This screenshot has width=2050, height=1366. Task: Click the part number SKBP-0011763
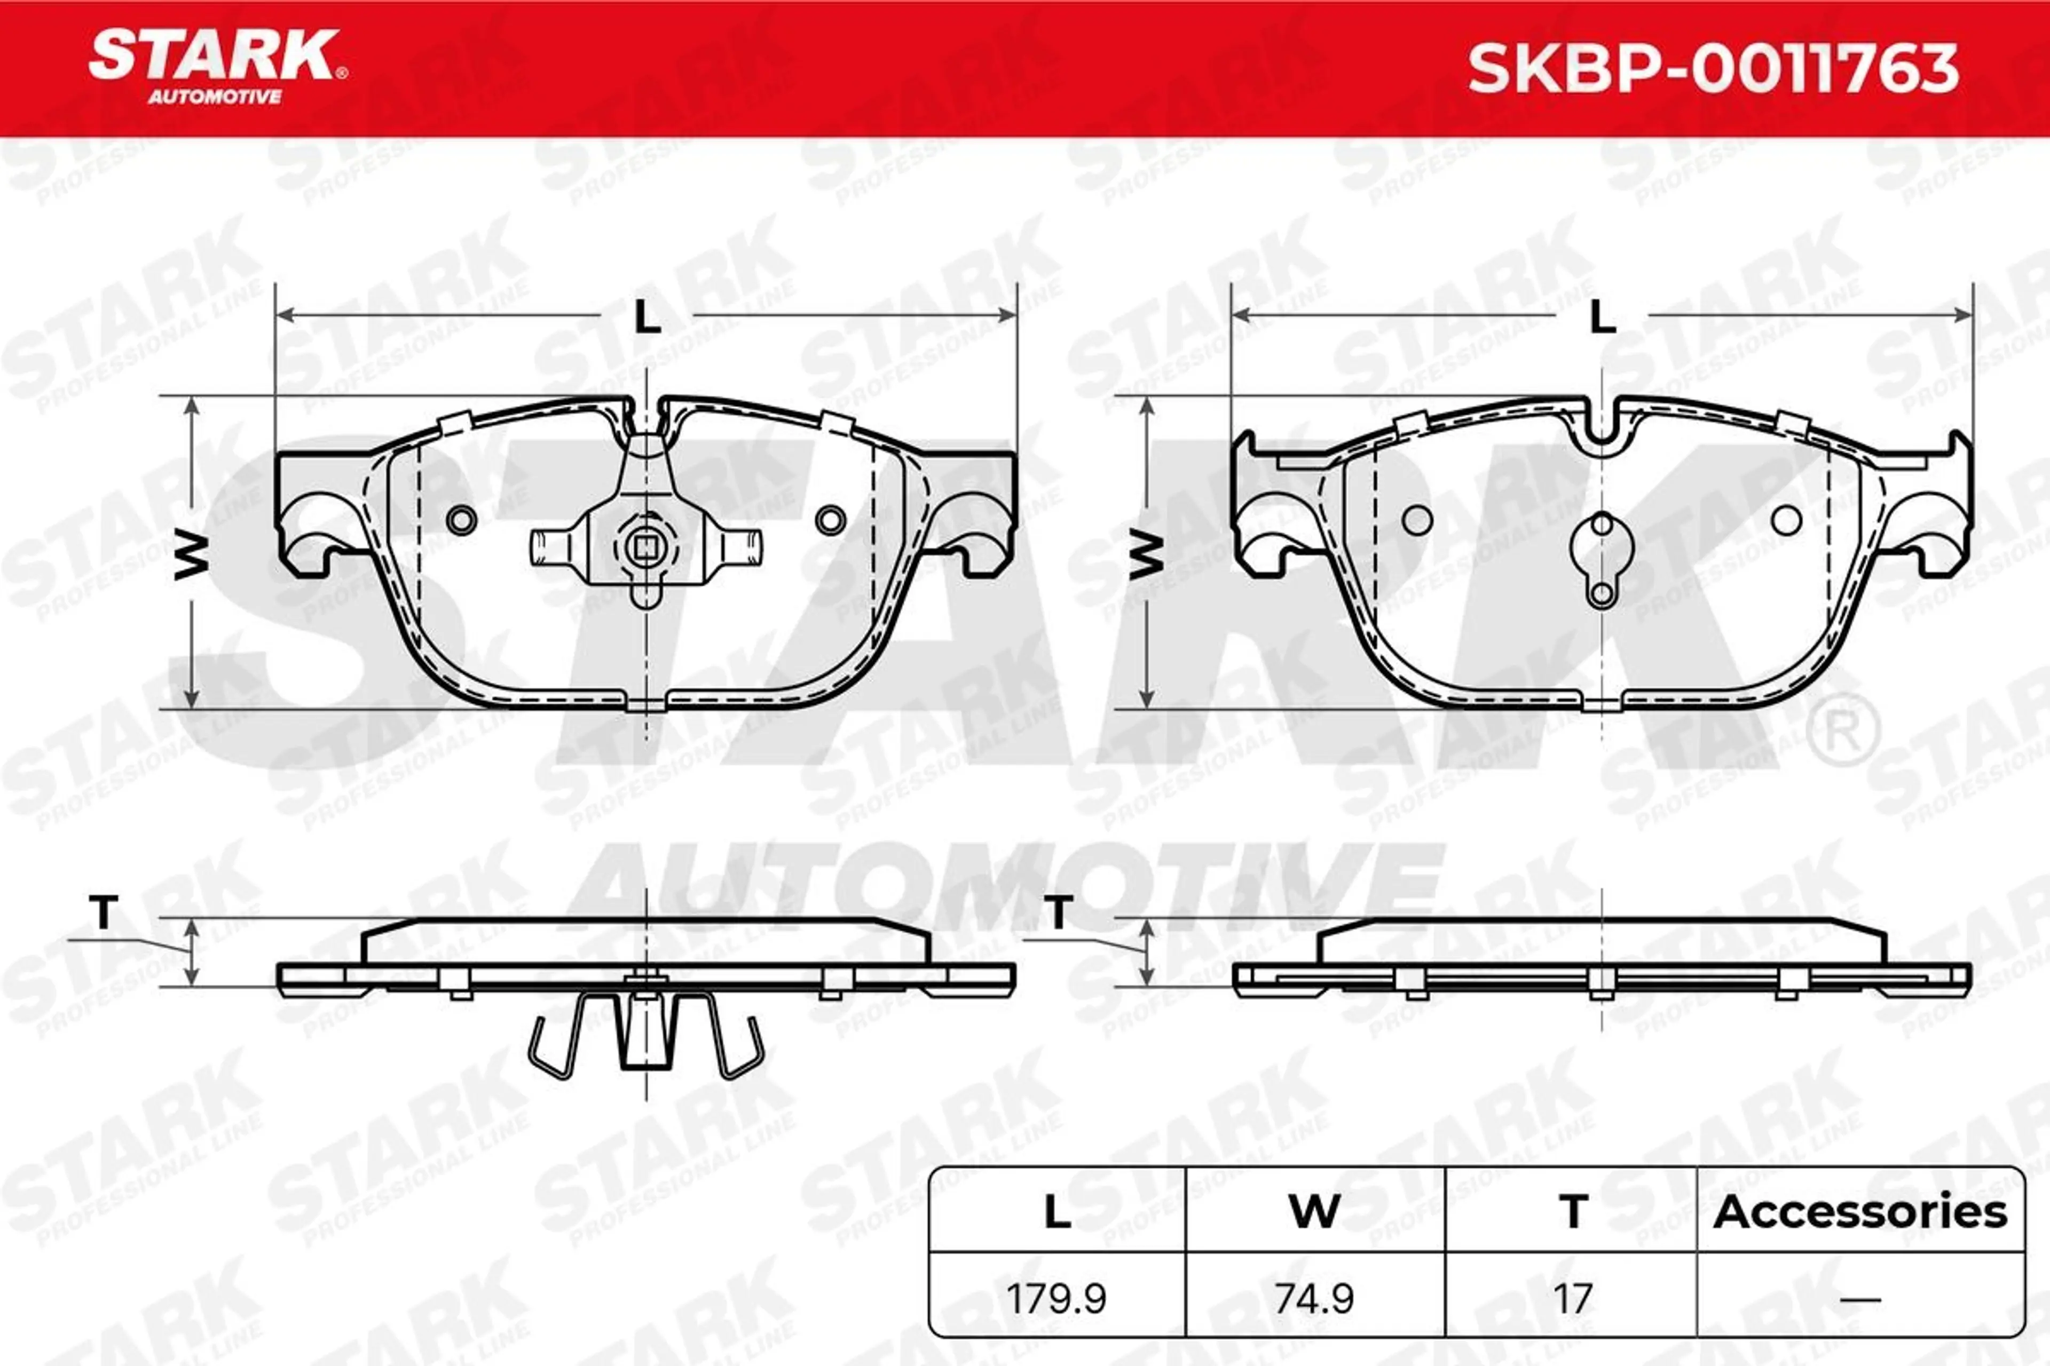click(x=1713, y=70)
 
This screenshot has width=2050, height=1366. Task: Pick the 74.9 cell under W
click(x=1314, y=1299)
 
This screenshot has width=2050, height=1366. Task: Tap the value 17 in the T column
click(x=1572, y=1299)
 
